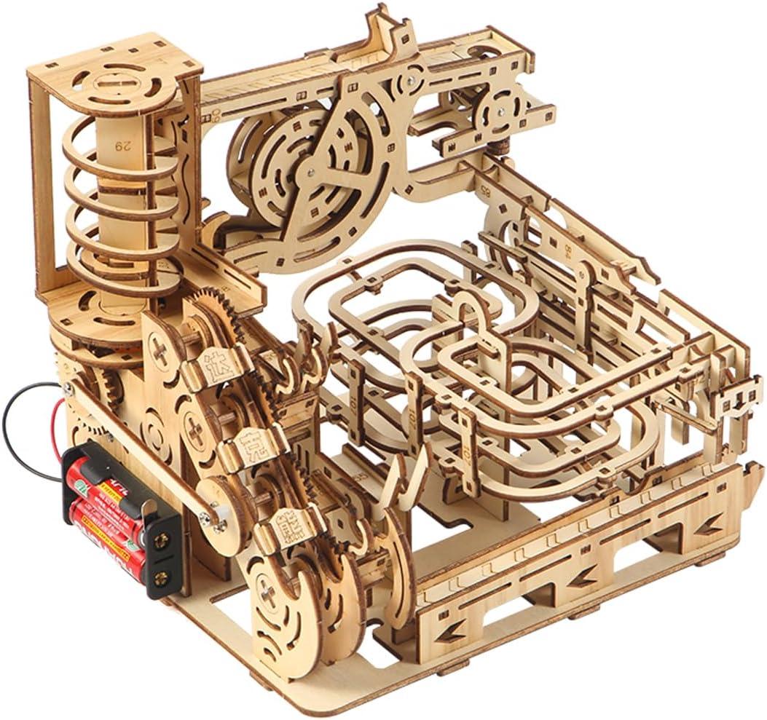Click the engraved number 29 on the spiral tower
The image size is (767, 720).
[x=121, y=145]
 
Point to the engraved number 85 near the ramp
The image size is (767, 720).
[x=484, y=191]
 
